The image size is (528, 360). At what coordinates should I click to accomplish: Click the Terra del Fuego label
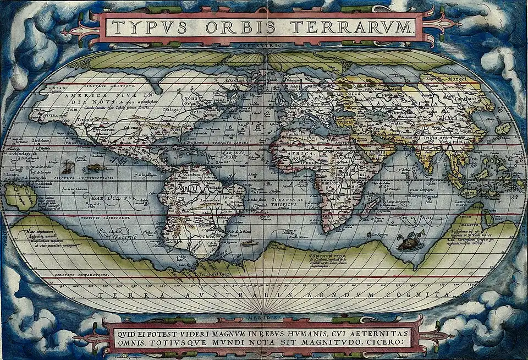(215, 274)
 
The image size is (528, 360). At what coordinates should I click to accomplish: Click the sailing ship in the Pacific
(68, 166)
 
